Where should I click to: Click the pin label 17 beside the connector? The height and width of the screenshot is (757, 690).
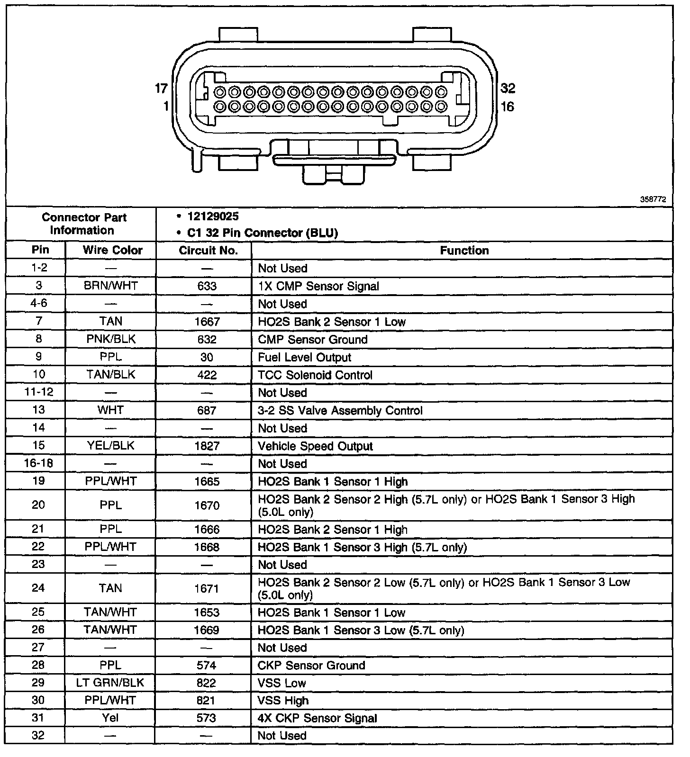[x=161, y=88]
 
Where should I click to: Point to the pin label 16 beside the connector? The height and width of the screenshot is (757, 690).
[x=507, y=107]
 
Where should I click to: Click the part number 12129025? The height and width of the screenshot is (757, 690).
[x=213, y=216]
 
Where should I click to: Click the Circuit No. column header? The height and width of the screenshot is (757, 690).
[x=208, y=250]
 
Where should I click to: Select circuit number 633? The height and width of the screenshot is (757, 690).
[x=207, y=286]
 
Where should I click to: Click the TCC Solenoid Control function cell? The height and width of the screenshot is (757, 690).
[x=315, y=375]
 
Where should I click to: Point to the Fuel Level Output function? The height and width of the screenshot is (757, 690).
[x=305, y=357]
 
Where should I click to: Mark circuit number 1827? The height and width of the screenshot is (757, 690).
[x=207, y=446]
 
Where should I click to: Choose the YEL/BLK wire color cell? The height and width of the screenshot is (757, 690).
[x=110, y=446]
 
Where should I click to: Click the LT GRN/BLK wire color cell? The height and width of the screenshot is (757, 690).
[x=110, y=683]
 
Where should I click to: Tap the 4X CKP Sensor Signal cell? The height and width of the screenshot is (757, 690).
[x=317, y=718]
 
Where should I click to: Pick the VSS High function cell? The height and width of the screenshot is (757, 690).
[x=283, y=701]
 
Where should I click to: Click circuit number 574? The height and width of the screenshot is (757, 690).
[x=207, y=665]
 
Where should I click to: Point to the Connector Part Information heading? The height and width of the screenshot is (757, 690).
[x=84, y=224]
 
